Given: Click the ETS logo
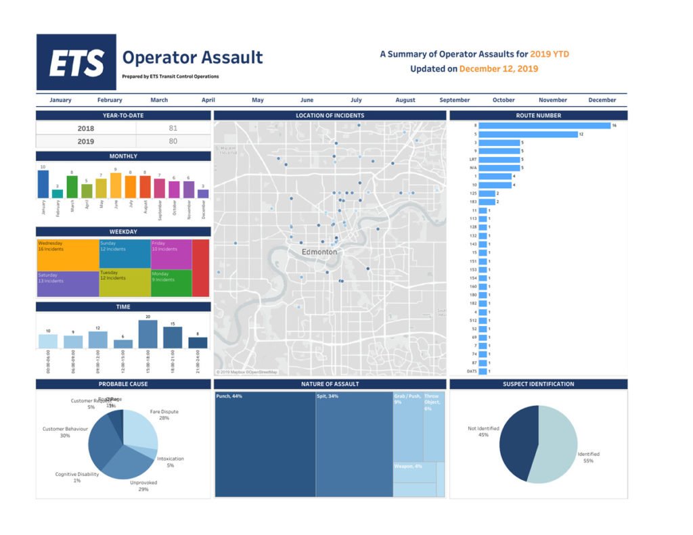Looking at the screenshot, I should [76, 62].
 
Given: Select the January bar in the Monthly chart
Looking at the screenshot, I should [43, 184].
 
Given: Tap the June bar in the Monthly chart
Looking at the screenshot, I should [116, 185].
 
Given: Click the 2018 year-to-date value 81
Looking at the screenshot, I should [173, 128].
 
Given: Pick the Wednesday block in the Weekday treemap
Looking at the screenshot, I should [68, 255].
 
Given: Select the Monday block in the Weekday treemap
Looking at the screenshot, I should [171, 283].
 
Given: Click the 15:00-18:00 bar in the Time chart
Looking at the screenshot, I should [148, 334].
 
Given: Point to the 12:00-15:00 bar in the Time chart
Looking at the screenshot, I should [123, 344].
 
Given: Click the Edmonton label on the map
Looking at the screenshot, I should [319, 252].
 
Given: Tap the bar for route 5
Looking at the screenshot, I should [528, 134].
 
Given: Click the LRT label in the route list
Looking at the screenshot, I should [473, 160].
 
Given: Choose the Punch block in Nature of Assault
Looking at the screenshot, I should [265, 444].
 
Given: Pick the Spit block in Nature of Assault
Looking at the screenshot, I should [354, 444].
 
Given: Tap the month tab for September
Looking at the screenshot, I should [454, 100].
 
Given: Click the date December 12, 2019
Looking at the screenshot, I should [499, 69].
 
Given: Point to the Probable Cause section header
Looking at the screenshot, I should [123, 384].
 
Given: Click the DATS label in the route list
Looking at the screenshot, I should [472, 371].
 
